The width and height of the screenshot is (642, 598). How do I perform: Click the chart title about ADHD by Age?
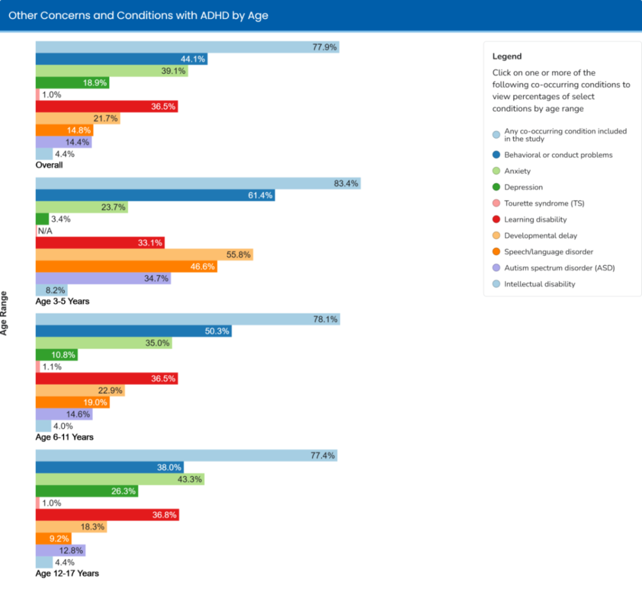coord(139,15)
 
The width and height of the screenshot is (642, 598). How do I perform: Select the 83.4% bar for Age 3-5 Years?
coord(198,184)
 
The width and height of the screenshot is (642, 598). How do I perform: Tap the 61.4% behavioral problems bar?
coord(155,195)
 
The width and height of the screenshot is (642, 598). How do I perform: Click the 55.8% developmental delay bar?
coord(144,255)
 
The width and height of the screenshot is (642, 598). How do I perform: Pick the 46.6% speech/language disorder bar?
coord(126,266)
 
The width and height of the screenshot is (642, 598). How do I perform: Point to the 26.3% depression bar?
coord(87,491)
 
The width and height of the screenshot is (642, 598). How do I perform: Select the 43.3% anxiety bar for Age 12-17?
coord(119,479)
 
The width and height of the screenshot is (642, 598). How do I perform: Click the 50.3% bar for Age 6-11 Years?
coord(133,331)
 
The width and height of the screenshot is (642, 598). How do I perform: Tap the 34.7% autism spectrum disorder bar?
coord(103,278)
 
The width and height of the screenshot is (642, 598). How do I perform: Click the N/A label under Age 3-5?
coord(45,231)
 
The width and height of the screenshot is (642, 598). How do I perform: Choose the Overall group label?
coord(49,165)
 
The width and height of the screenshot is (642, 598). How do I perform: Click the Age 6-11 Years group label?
coord(64,437)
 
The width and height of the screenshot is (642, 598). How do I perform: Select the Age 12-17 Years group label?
coord(67,573)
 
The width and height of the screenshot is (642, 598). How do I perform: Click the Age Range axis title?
coord(5,313)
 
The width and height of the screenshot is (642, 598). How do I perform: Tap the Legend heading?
coord(507,56)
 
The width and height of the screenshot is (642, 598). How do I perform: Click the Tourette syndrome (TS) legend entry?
coord(544,203)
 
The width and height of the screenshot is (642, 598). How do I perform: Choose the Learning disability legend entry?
coord(535,219)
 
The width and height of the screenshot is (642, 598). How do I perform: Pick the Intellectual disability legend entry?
coord(539,284)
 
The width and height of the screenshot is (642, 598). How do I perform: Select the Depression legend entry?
coord(523,187)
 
